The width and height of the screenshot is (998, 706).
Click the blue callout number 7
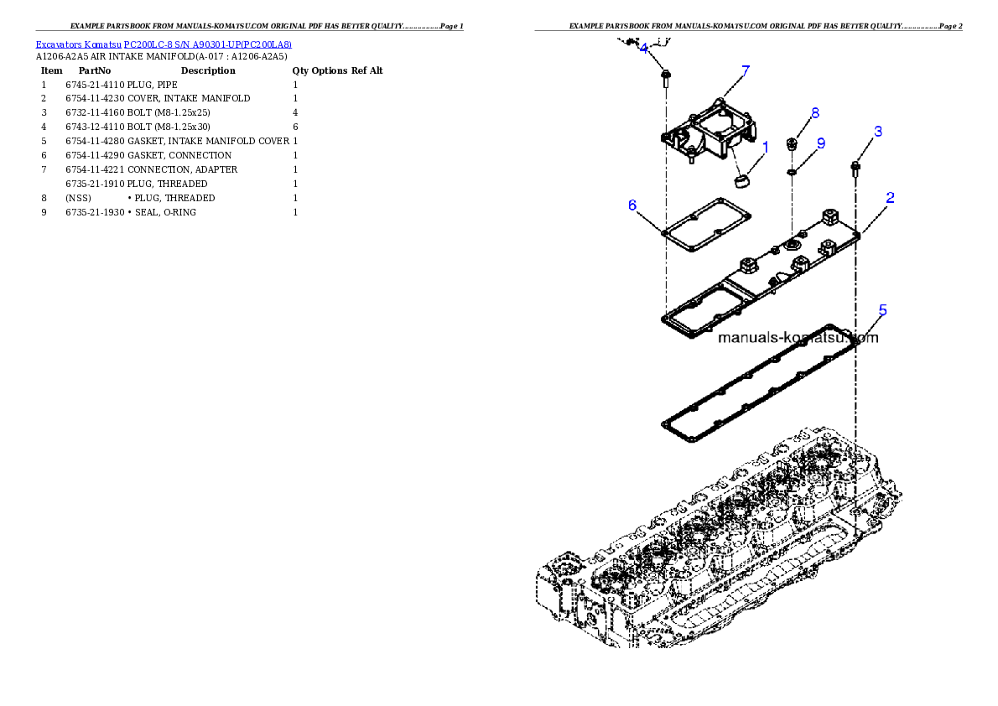tap(746, 70)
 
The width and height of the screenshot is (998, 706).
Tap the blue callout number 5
tap(883, 310)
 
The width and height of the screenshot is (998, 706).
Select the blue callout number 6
tap(632, 205)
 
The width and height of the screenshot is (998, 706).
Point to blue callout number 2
tap(890, 198)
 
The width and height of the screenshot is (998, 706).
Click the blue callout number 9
tap(821, 144)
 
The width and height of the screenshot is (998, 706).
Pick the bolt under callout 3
tap(855, 169)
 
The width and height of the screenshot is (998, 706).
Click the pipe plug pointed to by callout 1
tap(741, 181)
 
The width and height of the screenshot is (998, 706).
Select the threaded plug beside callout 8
tap(792, 145)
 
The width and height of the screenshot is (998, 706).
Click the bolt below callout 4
tap(665, 79)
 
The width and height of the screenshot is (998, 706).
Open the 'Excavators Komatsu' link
tap(78, 44)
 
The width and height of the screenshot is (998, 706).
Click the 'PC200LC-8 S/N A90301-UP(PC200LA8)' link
tap(207, 44)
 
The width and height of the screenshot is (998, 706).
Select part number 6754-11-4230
tap(95, 99)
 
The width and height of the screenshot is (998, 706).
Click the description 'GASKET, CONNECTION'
tap(179, 155)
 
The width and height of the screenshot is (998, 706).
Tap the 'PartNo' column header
tap(95, 70)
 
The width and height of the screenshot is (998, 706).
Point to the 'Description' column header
tap(208, 70)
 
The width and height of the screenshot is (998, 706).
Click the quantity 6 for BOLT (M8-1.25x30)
tap(295, 127)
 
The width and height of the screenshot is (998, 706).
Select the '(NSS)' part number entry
tap(78, 198)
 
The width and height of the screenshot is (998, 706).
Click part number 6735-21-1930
tap(95, 213)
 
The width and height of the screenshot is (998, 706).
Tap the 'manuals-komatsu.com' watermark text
tap(798, 337)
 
